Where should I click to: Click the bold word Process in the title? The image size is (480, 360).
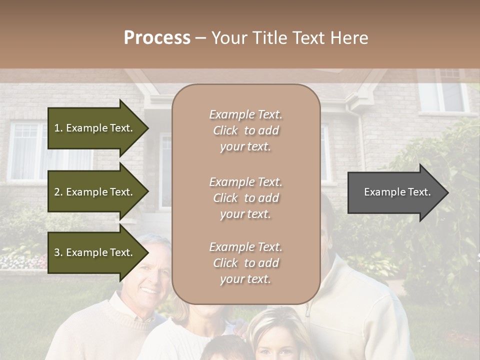157,38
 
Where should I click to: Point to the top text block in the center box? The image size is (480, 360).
245,130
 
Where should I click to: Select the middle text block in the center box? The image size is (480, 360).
245,198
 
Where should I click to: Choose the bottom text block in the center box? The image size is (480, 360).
245,263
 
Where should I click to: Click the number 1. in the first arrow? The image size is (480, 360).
58,128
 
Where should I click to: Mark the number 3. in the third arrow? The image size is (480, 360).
58,252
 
